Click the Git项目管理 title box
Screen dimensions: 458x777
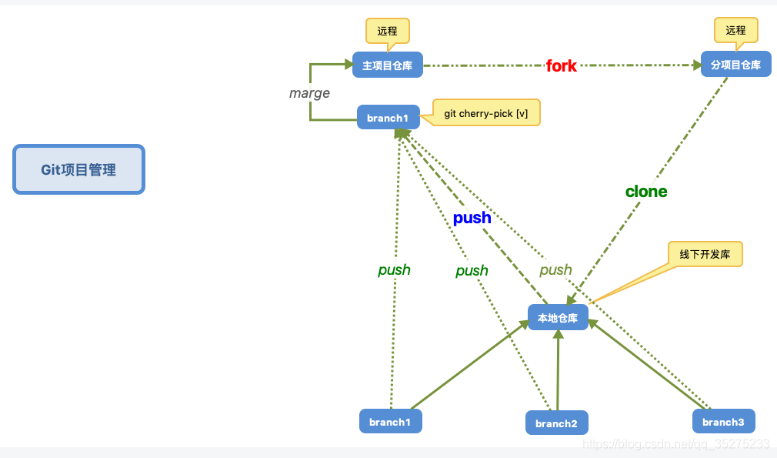78,169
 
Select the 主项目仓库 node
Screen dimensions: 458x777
388,65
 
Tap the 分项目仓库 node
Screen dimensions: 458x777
735,65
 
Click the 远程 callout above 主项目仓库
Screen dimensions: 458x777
387,32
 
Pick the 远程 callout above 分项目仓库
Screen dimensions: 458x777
735,30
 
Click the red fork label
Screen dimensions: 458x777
561,66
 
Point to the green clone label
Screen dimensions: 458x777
646,192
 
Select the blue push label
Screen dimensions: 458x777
472,218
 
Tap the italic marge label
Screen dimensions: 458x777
309,93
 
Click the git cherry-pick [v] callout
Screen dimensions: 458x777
486,113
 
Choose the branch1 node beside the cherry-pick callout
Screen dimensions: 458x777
388,118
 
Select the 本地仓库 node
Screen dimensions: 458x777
558,317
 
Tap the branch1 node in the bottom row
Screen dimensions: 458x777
390,422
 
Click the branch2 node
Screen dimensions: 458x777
556,423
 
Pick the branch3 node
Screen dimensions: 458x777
723,422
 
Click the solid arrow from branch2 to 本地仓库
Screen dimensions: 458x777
558,369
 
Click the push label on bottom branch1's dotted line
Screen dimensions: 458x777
394,270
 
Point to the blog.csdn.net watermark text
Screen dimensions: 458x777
676,444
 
